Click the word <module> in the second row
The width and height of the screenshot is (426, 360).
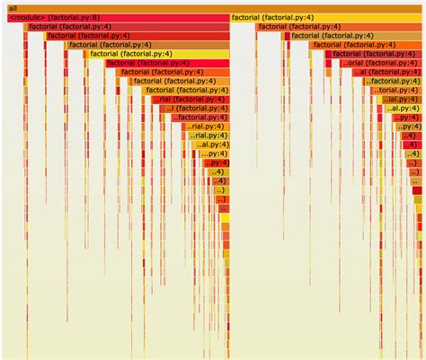[x=27, y=17]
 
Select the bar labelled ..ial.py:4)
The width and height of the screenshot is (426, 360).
[x=403, y=99]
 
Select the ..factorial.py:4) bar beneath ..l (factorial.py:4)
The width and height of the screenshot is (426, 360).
[x=200, y=117]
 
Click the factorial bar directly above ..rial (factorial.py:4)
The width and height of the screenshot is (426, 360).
[x=184, y=90]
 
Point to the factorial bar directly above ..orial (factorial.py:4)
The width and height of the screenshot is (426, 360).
[x=373, y=54]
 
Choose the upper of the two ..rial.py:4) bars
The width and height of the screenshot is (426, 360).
[x=208, y=126]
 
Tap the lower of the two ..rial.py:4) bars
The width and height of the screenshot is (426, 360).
[x=210, y=135]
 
